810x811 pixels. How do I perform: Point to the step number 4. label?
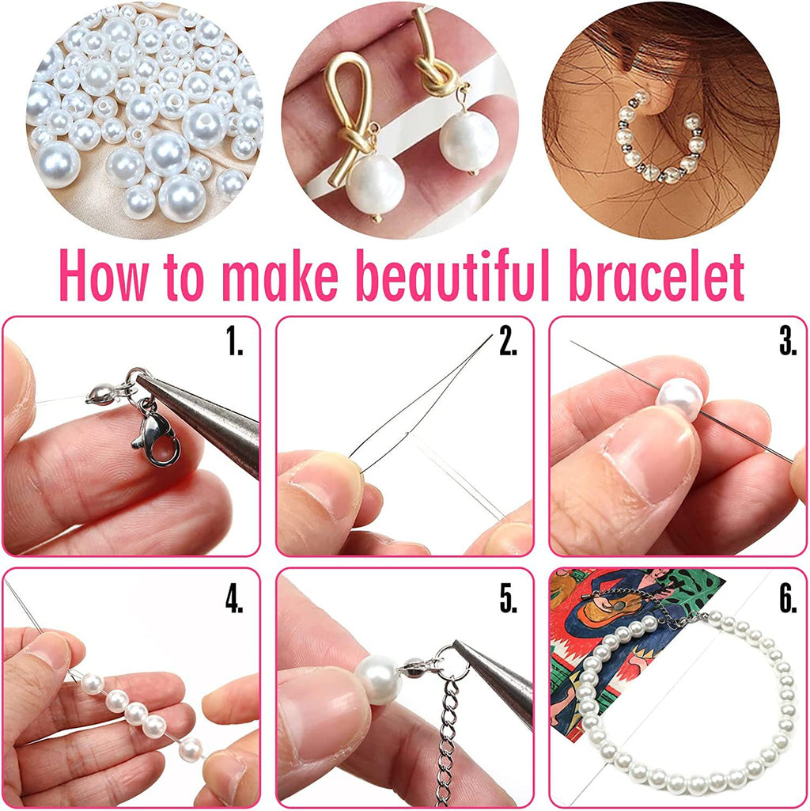234,599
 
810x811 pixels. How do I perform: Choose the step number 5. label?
508,599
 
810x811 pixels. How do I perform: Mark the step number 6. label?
788,599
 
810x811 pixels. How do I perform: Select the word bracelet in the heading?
657,276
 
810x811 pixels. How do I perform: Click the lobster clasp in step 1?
155,434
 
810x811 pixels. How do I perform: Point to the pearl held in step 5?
379,680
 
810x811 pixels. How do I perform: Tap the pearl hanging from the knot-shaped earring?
468,142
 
